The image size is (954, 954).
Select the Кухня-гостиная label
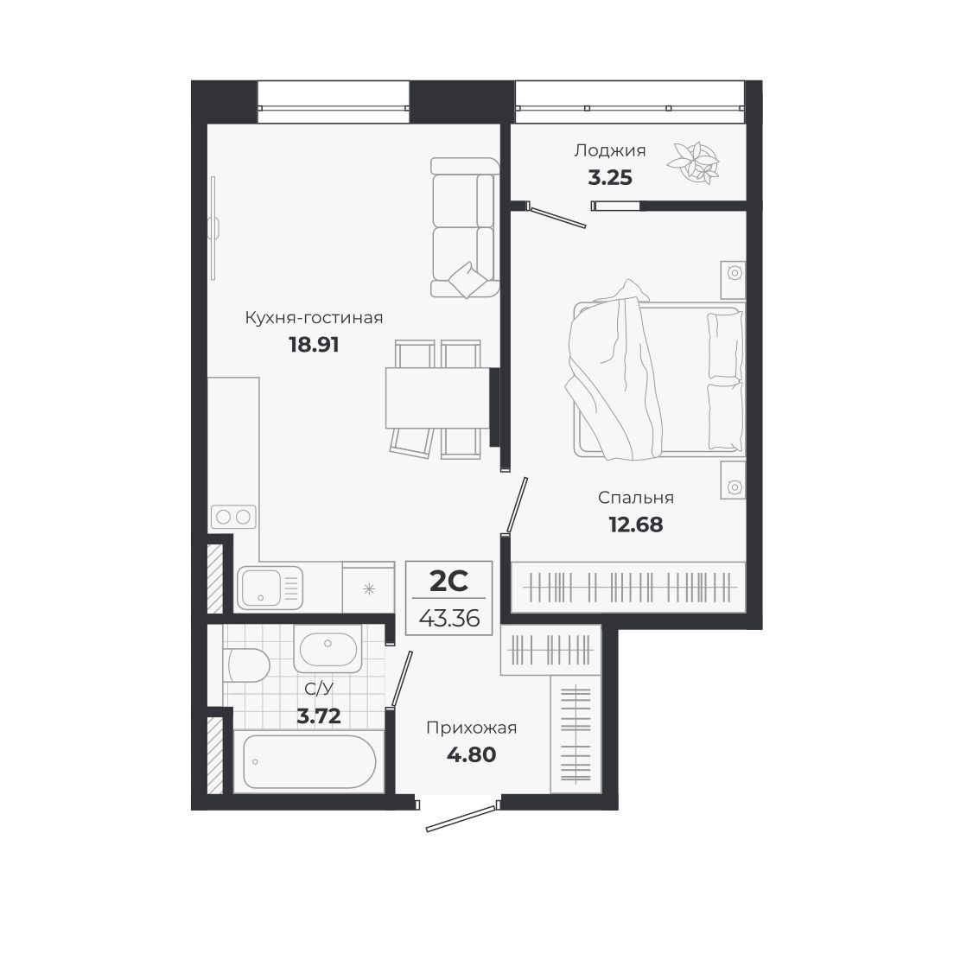pyautogui.click(x=314, y=318)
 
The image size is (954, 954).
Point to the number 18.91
pyautogui.click(x=314, y=345)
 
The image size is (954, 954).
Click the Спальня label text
pyautogui.click(x=636, y=498)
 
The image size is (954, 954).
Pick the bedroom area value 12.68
pyautogui.click(x=636, y=524)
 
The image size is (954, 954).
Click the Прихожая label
pyautogui.click(x=471, y=728)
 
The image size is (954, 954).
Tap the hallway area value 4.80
pyautogui.click(x=471, y=754)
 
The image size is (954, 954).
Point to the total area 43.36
pyautogui.click(x=448, y=618)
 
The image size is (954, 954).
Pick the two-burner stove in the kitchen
pyautogui.click(x=233, y=517)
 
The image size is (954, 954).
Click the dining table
pyautogui.click(x=437, y=397)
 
